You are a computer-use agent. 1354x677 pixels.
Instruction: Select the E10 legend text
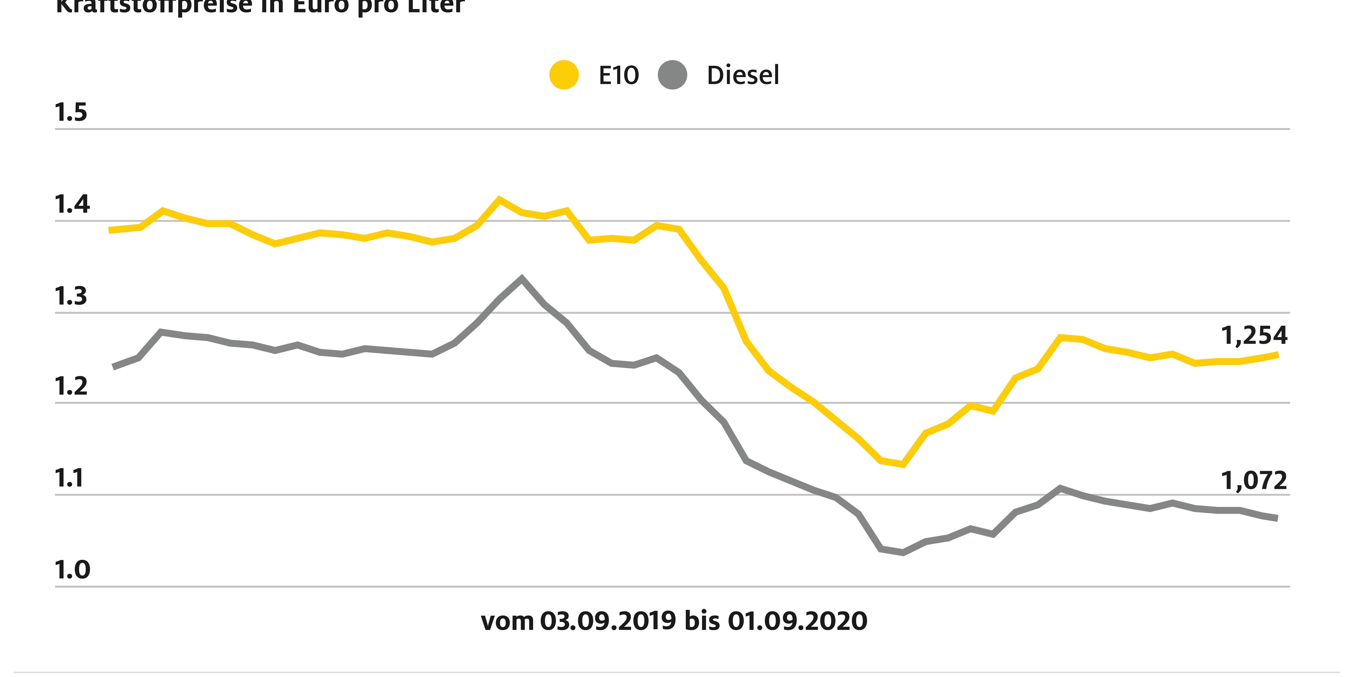[619, 75]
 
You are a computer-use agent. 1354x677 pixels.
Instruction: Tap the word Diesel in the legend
[743, 75]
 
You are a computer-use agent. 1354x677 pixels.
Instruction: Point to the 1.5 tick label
[71, 113]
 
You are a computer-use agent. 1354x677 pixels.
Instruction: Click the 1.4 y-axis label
[72, 204]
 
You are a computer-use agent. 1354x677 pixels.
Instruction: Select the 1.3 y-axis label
[71, 296]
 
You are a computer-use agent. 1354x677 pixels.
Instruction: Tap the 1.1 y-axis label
[69, 478]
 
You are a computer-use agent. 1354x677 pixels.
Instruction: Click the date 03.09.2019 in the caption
[608, 621]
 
